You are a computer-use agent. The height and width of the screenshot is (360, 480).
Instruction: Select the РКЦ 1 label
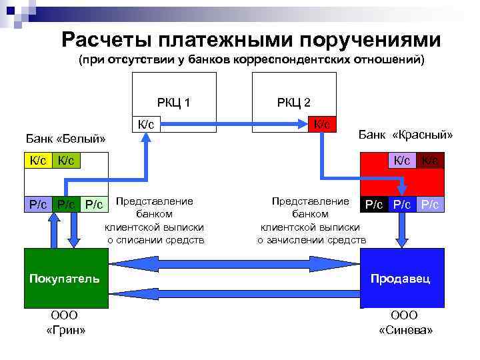pyautogui.click(x=173, y=102)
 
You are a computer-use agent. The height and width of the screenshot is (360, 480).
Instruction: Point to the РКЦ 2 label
pyautogui.click(x=293, y=102)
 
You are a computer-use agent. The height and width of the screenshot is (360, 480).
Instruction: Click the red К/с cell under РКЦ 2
pyautogui.click(x=322, y=124)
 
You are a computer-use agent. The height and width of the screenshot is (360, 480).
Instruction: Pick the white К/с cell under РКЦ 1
pyautogui.click(x=146, y=124)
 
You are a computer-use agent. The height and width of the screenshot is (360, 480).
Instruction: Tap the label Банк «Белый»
pyautogui.click(x=66, y=139)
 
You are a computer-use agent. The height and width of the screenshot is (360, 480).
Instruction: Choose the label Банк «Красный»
pyautogui.click(x=405, y=135)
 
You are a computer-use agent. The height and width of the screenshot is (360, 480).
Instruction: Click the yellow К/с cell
pyautogui.click(x=37, y=160)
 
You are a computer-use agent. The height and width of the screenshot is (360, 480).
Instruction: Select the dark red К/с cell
pyautogui.click(x=431, y=160)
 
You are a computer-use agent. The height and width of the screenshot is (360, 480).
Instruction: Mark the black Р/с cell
pyautogui.click(x=372, y=205)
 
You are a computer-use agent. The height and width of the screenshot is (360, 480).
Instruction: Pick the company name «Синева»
pyautogui.click(x=405, y=330)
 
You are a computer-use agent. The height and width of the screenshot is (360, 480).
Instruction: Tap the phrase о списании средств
pyautogui.click(x=155, y=240)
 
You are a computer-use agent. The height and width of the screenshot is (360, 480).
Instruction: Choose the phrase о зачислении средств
pyautogui.click(x=311, y=240)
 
